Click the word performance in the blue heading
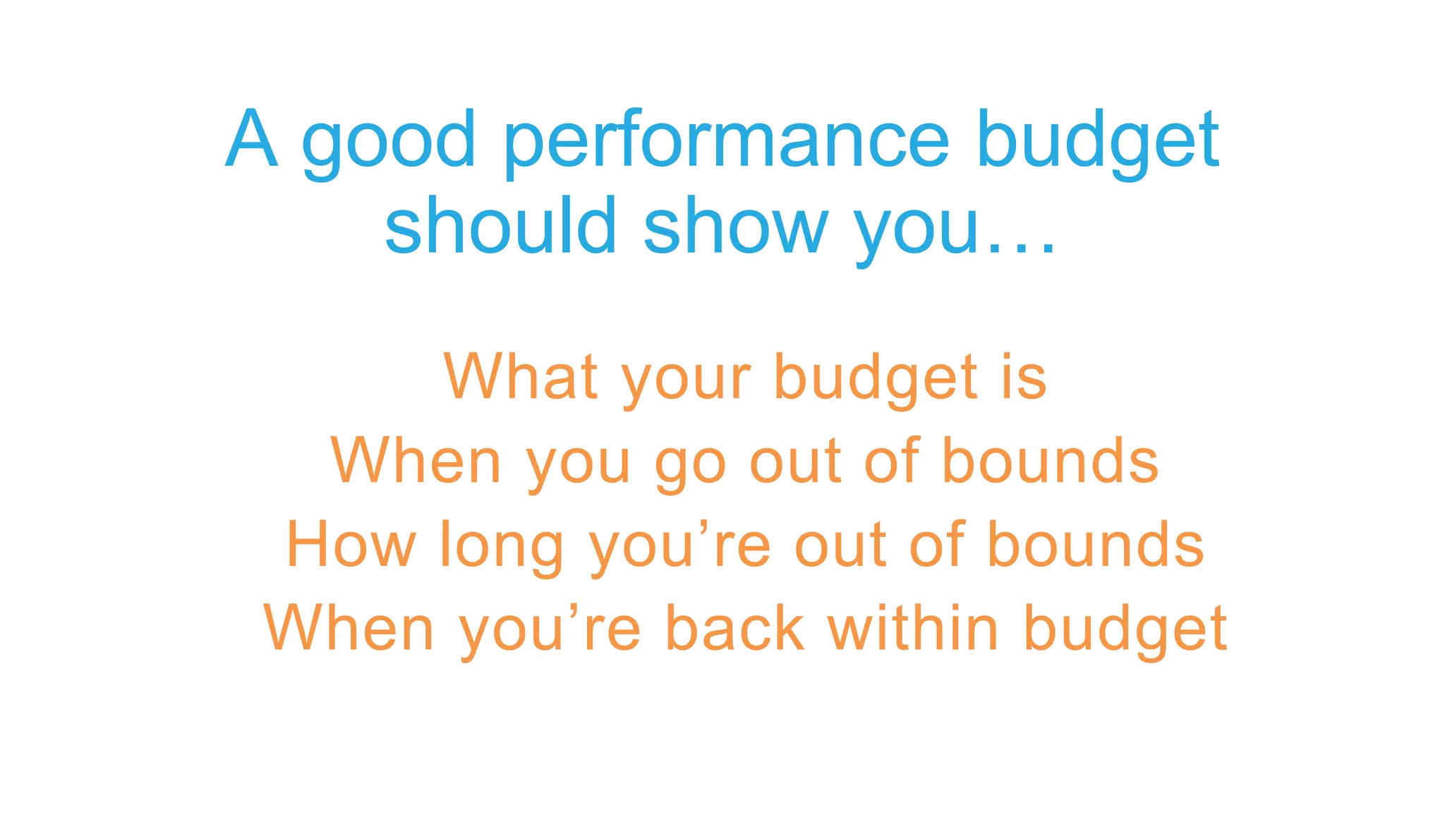click(727, 141)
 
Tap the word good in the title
click(389, 141)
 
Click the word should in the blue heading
click(500, 226)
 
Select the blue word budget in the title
click(1098, 141)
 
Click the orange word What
click(521, 378)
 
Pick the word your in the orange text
click(686, 381)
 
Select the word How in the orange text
click(351, 545)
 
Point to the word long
click(501, 548)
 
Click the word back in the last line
click(734, 628)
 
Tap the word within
click(913, 628)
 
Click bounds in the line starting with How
click(1095, 545)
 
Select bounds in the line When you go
click(1050, 462)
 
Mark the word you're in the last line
click(550, 630)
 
